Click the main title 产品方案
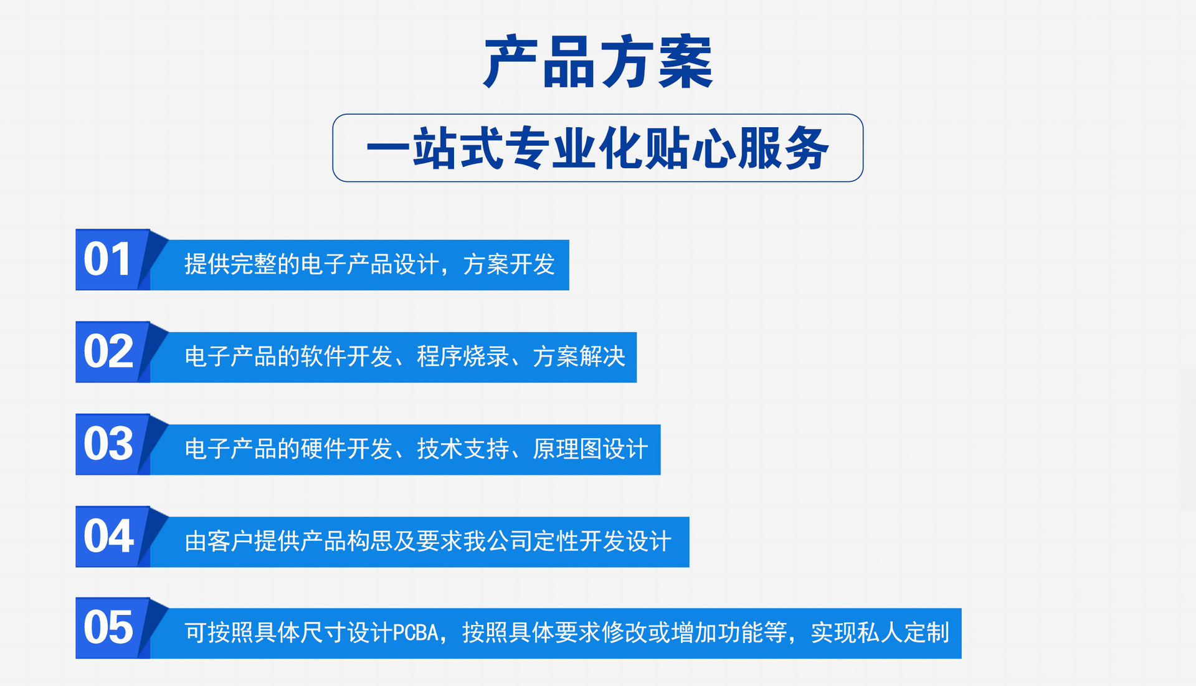pos(598,62)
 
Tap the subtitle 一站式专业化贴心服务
pos(598,148)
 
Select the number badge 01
pos(108,259)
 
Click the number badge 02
pos(108,351)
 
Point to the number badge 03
pos(108,444)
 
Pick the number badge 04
pos(108,536)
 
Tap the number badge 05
pos(108,627)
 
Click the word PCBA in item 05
pos(417,633)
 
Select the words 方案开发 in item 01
pos(509,264)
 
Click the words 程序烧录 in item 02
pos(463,356)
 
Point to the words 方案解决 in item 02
pos(579,356)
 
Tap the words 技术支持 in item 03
pos(463,449)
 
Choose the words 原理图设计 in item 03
pos(590,449)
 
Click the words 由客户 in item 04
pos(219,541)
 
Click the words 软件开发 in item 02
pos(347,356)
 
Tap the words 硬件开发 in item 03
pos(347,449)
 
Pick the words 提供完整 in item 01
pos(230,264)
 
